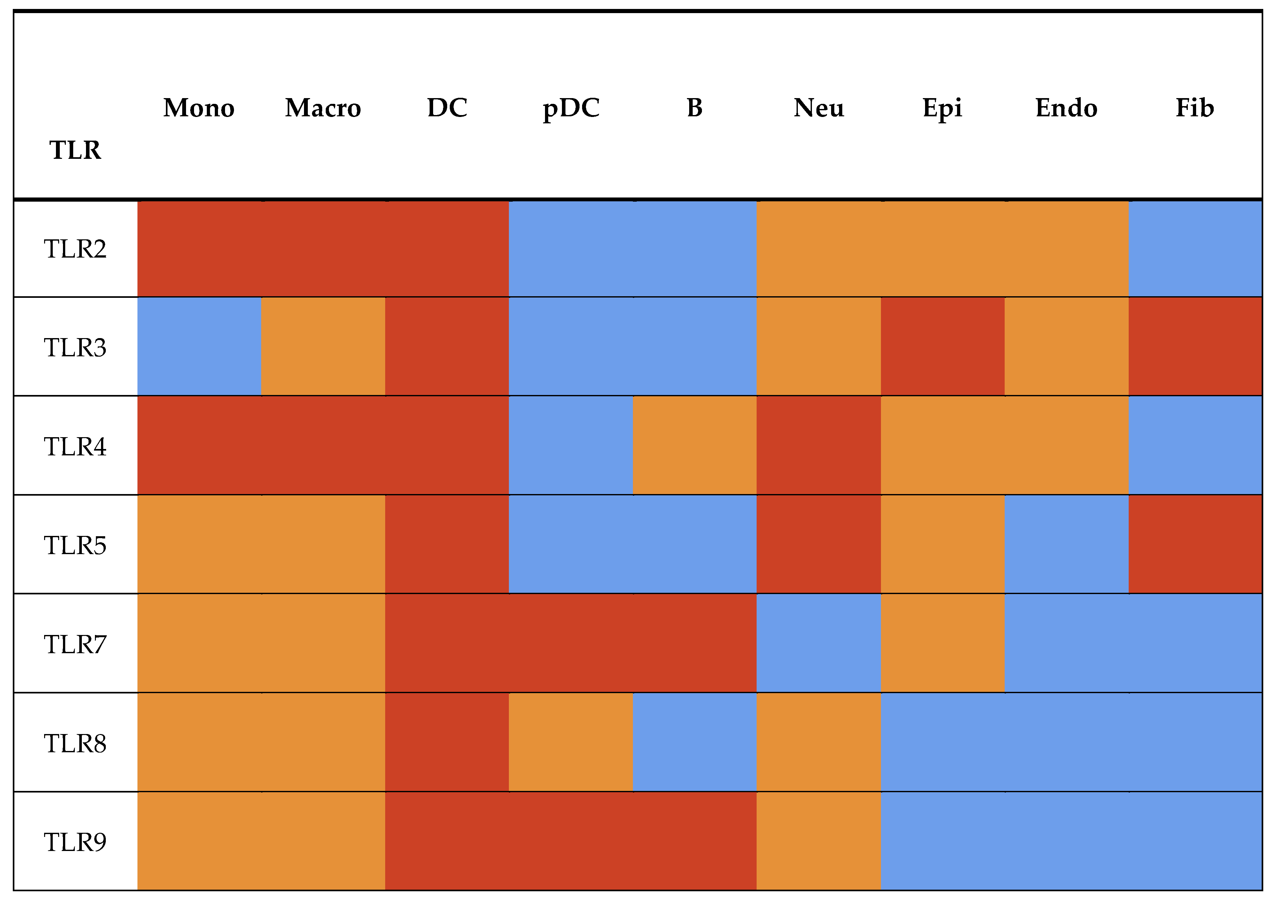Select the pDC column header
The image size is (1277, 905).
571,108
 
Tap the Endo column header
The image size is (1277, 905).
1066,108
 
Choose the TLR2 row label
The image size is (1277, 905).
75,249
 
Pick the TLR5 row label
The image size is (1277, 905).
75,545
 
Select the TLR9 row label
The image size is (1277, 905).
75,841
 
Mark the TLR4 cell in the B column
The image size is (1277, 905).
695,445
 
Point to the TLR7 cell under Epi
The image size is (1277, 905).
943,643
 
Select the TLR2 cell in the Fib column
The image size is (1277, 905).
1195,249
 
